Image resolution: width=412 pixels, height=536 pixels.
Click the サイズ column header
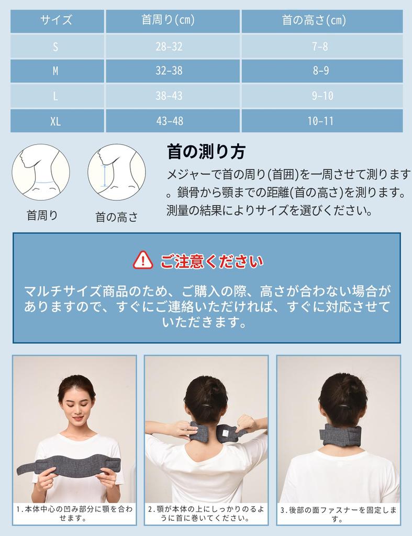pos(57,21)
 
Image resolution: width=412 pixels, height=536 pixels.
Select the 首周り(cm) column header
pos(169,21)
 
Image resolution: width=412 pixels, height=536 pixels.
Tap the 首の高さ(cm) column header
pos(321,21)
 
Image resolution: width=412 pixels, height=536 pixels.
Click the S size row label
pos(55,46)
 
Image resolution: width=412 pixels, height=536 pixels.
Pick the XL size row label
pos(55,121)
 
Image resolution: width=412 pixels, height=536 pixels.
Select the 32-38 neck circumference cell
pos(169,71)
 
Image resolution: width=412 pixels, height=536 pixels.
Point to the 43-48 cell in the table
pos(169,121)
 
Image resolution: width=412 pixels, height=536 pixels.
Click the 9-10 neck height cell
pos(321,96)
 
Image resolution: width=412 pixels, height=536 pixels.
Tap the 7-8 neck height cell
pos(321,46)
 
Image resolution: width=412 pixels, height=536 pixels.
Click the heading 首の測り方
pos(206,152)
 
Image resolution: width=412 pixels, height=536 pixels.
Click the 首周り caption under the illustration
pos(42,215)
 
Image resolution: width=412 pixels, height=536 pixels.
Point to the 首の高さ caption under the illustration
pos(117,217)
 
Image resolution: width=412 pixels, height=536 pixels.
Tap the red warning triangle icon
pos(143,260)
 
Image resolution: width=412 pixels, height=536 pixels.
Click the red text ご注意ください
pos(212,261)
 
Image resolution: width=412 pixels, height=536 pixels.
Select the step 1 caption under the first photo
pos(74,513)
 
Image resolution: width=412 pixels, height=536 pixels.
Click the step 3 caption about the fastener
pos(338,513)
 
